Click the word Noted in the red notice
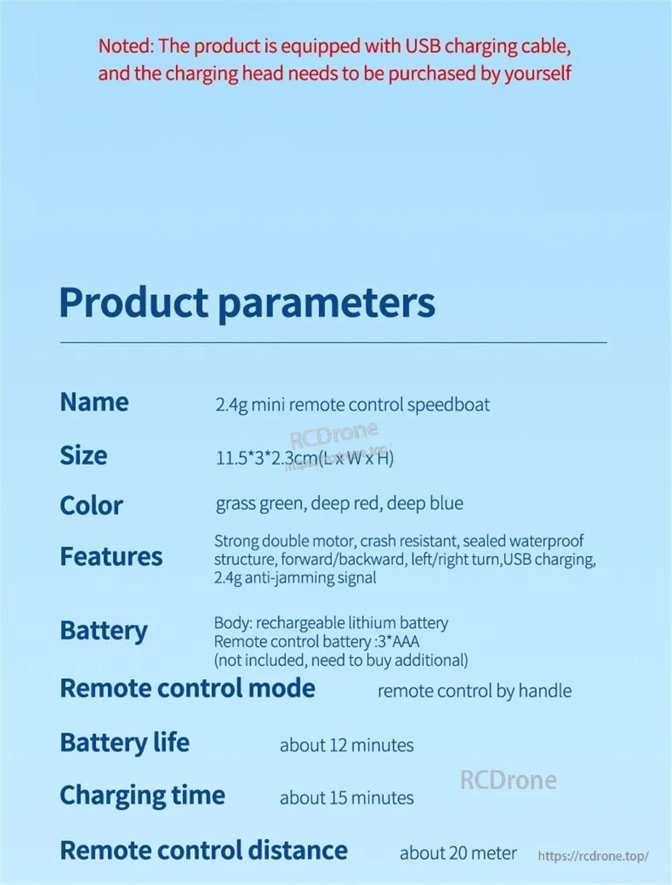pos(124,46)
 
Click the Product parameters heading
pos(247,303)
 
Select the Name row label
pos(94,402)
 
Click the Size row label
pos(83,455)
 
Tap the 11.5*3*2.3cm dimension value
pos(267,459)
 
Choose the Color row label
pos(91,505)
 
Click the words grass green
pos(259,504)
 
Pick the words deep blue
pos(425,503)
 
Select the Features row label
pos(111,557)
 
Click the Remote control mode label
pos(187,688)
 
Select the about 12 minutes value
pos(347,745)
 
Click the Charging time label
pos(142,796)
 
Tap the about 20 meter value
pos(458,853)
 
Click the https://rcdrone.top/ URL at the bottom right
pos(593,855)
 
